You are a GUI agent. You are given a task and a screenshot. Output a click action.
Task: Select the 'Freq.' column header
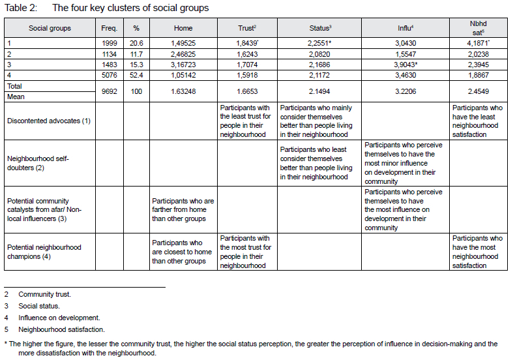(109, 29)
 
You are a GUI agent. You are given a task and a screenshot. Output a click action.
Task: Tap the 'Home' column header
(183, 29)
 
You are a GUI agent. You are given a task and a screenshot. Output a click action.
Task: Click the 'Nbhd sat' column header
(478, 29)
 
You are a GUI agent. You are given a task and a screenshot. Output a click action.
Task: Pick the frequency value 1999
(109, 43)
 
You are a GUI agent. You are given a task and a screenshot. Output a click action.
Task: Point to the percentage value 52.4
(137, 74)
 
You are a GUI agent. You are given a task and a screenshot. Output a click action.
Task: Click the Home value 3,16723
(183, 64)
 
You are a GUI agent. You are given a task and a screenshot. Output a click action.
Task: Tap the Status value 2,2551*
(321, 43)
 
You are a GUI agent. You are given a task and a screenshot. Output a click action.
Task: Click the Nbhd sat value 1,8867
(478, 74)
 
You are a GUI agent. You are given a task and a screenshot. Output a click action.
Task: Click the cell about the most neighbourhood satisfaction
(478, 252)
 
